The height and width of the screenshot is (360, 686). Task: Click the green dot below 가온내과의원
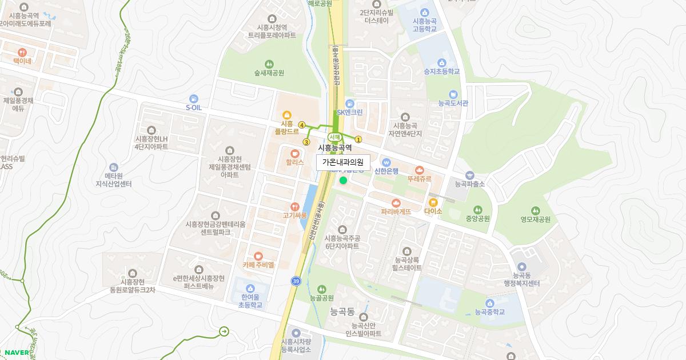click(x=343, y=181)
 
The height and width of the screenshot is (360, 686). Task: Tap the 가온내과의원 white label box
click(x=343, y=162)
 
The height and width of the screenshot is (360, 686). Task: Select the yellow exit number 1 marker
click(x=358, y=139)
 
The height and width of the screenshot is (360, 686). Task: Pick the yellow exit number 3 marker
click(x=306, y=142)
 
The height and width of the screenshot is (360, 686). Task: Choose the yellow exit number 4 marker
click(x=301, y=125)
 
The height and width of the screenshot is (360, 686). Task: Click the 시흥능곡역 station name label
click(x=335, y=148)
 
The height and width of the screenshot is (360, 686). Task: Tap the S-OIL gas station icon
click(x=194, y=98)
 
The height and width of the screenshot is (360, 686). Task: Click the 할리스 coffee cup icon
click(x=294, y=153)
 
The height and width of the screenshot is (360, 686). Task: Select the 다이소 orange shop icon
click(x=433, y=202)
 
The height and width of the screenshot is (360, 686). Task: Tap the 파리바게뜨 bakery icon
click(x=396, y=202)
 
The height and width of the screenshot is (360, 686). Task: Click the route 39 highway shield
click(x=296, y=281)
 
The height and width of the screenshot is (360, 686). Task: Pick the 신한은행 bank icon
click(x=386, y=161)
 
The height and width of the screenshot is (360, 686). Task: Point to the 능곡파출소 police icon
click(x=469, y=175)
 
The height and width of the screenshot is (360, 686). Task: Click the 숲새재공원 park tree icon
click(x=269, y=63)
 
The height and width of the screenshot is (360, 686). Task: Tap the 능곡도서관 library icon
click(x=453, y=94)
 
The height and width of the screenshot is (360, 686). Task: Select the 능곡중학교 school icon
click(x=489, y=303)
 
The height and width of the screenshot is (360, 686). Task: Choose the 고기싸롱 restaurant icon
click(x=294, y=206)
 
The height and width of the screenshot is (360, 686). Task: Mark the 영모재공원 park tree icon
click(x=535, y=210)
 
